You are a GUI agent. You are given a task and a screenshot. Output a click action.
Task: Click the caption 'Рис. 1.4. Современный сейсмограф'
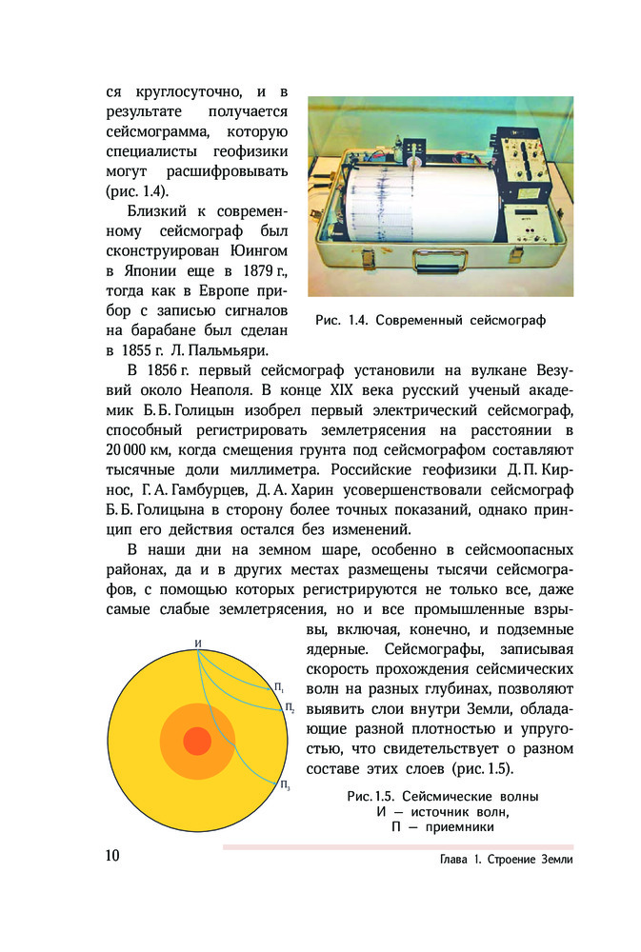coord(430,320)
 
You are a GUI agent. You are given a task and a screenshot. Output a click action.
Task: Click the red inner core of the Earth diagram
coord(196,740)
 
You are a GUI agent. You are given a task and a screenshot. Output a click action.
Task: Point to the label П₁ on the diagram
coord(279,686)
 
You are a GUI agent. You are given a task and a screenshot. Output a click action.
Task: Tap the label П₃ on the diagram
coord(285,785)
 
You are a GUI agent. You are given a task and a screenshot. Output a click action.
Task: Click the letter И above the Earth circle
coord(197,645)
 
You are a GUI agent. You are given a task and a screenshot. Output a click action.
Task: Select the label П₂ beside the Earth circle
coord(290,706)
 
